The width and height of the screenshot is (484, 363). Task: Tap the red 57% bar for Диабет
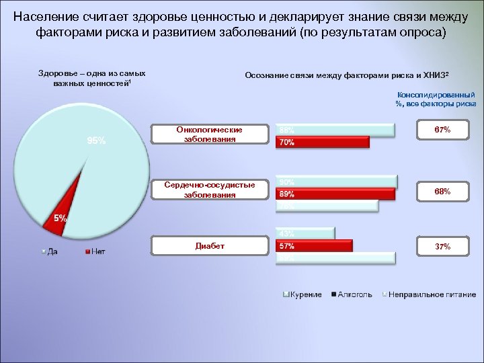[x=314, y=246]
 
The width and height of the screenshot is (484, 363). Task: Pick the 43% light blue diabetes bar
[x=305, y=233]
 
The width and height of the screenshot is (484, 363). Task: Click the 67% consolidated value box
[x=442, y=129]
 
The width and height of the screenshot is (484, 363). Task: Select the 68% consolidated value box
[x=442, y=192]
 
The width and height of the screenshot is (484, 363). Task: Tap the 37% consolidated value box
[x=442, y=247]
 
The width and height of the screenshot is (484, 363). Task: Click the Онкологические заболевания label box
[x=209, y=134]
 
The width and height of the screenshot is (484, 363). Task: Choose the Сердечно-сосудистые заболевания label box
[x=209, y=190]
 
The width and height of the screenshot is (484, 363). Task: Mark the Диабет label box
[x=209, y=246]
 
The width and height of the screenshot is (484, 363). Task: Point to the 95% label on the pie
[x=95, y=140]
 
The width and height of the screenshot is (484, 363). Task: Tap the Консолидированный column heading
[x=436, y=95]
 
